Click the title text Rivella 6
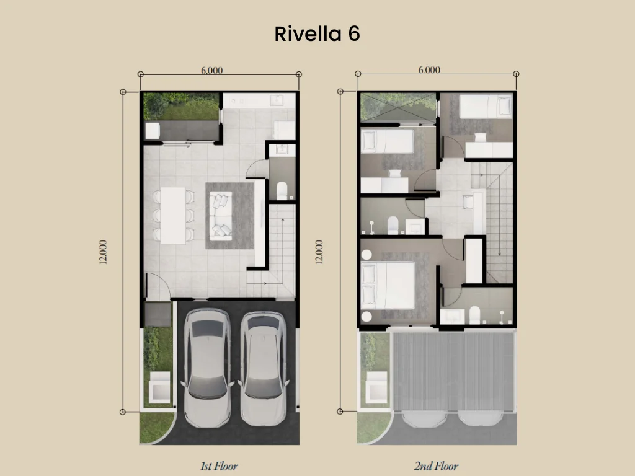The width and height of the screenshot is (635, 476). (x=317, y=34)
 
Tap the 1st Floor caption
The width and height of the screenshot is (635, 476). (x=218, y=465)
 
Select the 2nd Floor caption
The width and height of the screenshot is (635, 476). (x=436, y=465)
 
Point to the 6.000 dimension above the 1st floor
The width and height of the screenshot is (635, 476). (x=211, y=70)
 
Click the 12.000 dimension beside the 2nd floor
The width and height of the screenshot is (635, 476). (x=319, y=252)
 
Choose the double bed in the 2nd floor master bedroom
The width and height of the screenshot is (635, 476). (x=388, y=284)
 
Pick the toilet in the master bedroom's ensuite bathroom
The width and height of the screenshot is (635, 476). (x=475, y=315)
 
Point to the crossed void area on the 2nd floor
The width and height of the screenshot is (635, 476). (x=398, y=107)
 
